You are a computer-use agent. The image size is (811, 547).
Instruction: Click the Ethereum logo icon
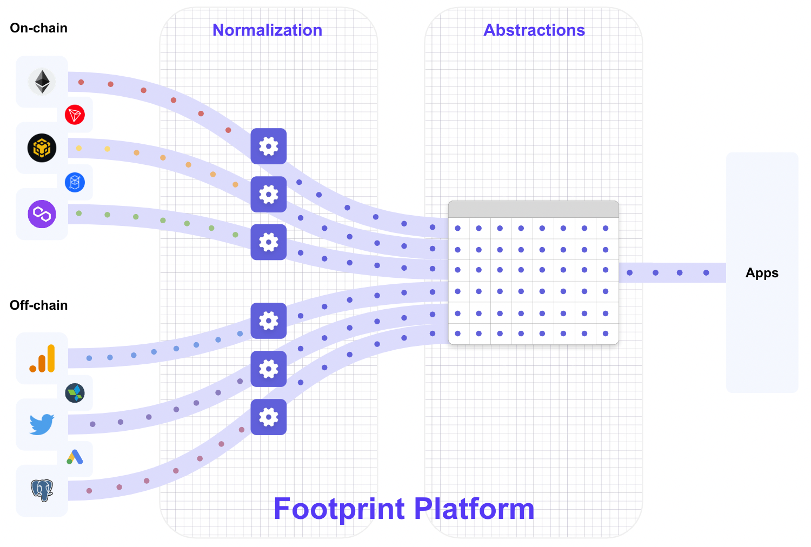tap(42, 82)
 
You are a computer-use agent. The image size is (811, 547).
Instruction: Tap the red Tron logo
tap(75, 115)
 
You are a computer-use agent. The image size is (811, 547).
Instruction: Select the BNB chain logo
tap(42, 148)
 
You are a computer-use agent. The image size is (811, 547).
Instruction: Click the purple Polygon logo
tap(42, 214)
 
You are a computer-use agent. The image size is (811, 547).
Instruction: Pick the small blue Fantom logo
tap(75, 182)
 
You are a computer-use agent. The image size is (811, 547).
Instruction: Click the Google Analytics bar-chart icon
tap(42, 358)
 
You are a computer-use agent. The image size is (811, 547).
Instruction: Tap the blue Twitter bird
tap(42, 424)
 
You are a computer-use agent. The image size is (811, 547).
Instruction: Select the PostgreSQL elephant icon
tap(42, 490)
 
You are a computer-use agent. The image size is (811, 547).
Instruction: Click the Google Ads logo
tap(75, 457)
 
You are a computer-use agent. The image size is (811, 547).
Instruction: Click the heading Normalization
tap(267, 30)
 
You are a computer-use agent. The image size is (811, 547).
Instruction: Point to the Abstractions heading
tap(534, 30)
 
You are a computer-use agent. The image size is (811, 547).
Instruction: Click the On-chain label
tap(39, 28)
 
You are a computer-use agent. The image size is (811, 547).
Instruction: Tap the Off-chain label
tap(39, 305)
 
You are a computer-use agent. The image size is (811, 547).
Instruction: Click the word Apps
tap(762, 273)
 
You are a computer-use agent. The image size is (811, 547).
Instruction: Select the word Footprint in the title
tap(339, 509)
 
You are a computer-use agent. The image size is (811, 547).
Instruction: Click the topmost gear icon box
tap(269, 146)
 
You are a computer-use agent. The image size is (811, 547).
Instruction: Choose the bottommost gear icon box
tap(269, 417)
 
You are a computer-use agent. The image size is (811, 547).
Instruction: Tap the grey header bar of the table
tap(533, 209)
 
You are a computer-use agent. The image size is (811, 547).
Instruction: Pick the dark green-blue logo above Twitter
tap(75, 393)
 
